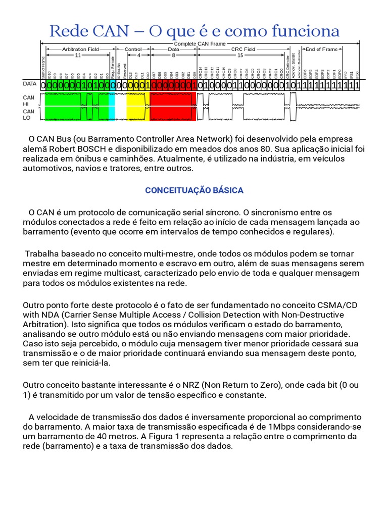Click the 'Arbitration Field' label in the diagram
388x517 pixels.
80,49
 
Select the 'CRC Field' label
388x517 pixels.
243,49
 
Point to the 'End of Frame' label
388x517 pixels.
322,49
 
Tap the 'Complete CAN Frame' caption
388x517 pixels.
200,44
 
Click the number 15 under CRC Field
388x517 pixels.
240,55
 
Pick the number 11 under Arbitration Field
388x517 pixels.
78,55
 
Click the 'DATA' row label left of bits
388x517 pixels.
30,84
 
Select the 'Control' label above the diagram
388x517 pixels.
133,49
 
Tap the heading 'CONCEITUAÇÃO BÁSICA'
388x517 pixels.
194,190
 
